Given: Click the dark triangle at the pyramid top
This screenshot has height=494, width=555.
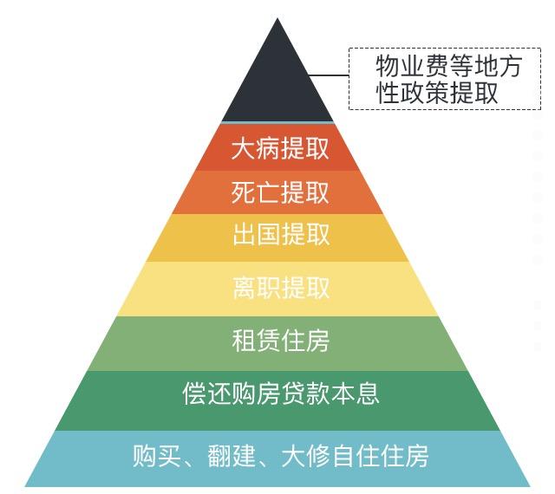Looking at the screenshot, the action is point(277,85).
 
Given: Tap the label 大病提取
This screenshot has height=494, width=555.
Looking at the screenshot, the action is point(280,148).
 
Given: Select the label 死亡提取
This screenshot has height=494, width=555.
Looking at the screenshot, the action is point(280,192).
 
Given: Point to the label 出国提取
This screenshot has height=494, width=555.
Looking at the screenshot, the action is point(281,234).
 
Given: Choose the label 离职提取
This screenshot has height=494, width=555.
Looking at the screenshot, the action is point(281,288).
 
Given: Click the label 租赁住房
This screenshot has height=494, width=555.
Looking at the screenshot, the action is point(281,341).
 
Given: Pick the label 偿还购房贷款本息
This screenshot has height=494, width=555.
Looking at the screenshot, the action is point(281,393).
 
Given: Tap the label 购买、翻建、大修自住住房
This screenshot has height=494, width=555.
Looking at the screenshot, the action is point(280,456).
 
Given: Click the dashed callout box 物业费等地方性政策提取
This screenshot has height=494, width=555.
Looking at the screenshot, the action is point(445,79).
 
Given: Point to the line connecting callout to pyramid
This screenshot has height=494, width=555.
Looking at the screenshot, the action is point(330,75).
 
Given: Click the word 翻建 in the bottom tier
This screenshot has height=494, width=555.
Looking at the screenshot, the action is point(232,456).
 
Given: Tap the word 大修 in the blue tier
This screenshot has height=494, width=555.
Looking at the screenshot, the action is point(306,456).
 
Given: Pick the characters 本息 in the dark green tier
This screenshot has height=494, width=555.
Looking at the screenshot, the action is point(356,393).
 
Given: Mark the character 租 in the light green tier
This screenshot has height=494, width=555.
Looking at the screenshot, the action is point(244,341).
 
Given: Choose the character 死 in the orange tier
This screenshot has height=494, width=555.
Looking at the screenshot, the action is point(243,192).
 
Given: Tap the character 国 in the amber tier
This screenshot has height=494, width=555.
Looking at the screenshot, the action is point(269,234).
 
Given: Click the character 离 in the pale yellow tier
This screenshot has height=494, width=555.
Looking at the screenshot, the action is point(245,288).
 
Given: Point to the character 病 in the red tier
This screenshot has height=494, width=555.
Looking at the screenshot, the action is point(268,148).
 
